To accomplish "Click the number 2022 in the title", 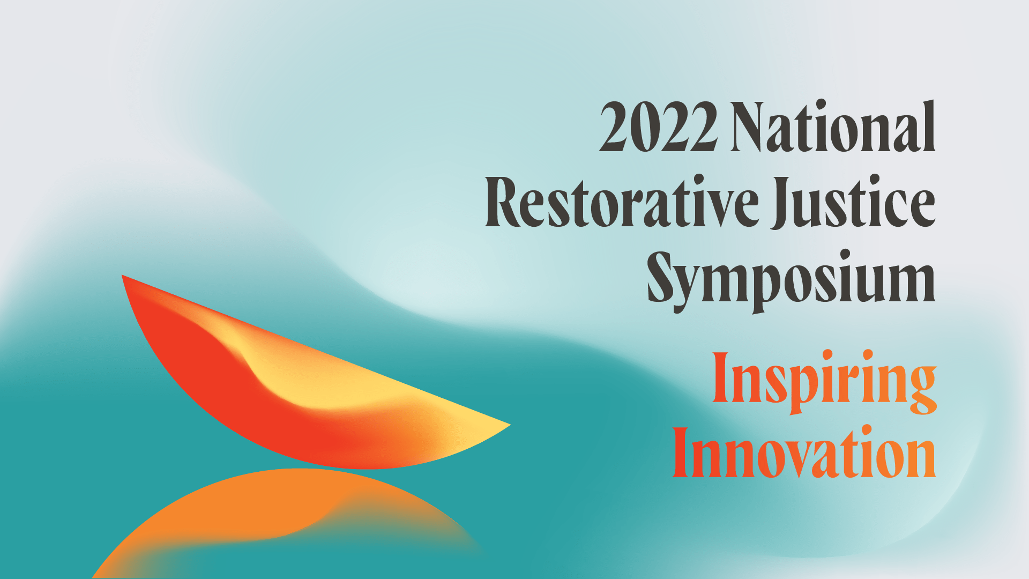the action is [658, 127].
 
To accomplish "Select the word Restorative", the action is [622, 202].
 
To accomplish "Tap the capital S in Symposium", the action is [661, 277].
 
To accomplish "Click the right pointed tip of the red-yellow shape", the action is [510, 425].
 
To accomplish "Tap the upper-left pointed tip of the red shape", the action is [123, 276].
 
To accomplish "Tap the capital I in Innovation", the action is [681, 452].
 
